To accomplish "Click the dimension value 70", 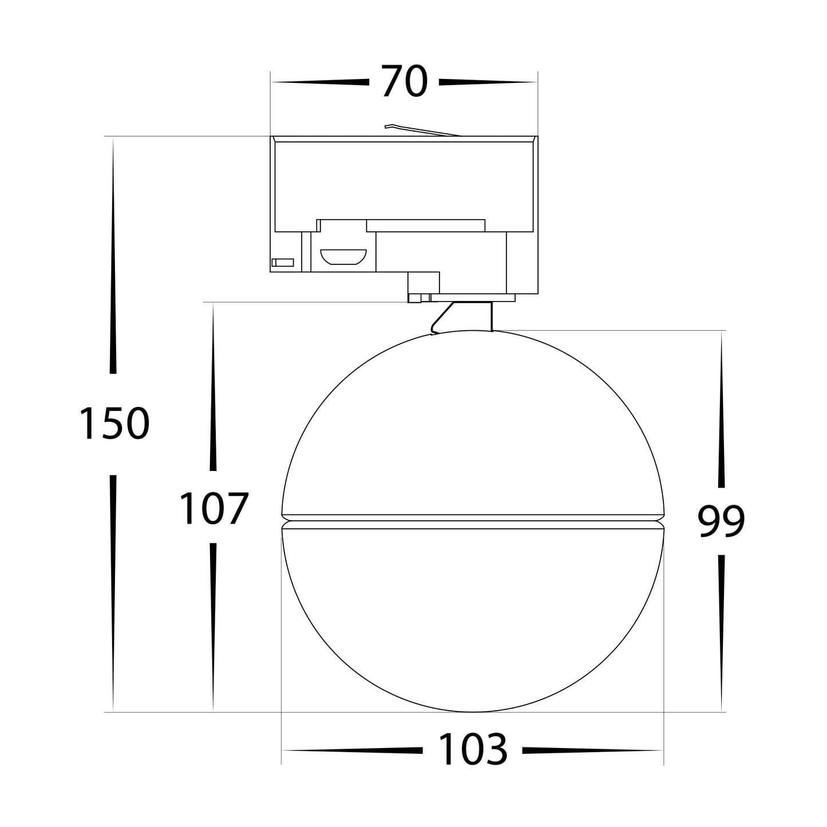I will pos(404,82).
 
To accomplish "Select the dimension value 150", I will pos(113,424).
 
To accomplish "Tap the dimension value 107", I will pos(213,508).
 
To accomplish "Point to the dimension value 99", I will pos(721,521).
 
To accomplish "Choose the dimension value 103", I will pos(473,750).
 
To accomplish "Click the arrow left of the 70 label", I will pos(320,82).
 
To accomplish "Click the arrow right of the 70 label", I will pos(486,82).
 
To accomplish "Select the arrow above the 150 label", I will pos(113,258).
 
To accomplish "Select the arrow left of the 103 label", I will pos(352,750).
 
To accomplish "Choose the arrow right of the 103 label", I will pos(592,750).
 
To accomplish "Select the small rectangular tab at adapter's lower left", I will pos(283,262).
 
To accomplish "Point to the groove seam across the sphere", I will pos(473,521).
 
